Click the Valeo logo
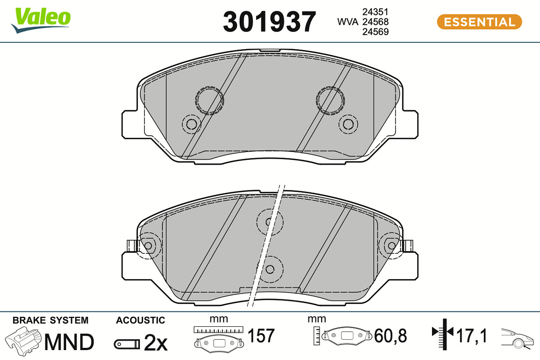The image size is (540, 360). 41,20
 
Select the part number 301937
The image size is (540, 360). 269,22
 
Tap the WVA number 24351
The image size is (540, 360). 375,12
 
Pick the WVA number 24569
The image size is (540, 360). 375,31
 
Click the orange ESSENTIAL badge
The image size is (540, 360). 479,22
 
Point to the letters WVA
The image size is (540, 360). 348,22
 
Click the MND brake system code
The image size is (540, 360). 69,342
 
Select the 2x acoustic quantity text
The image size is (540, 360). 156,342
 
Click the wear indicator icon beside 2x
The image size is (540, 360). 127,344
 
